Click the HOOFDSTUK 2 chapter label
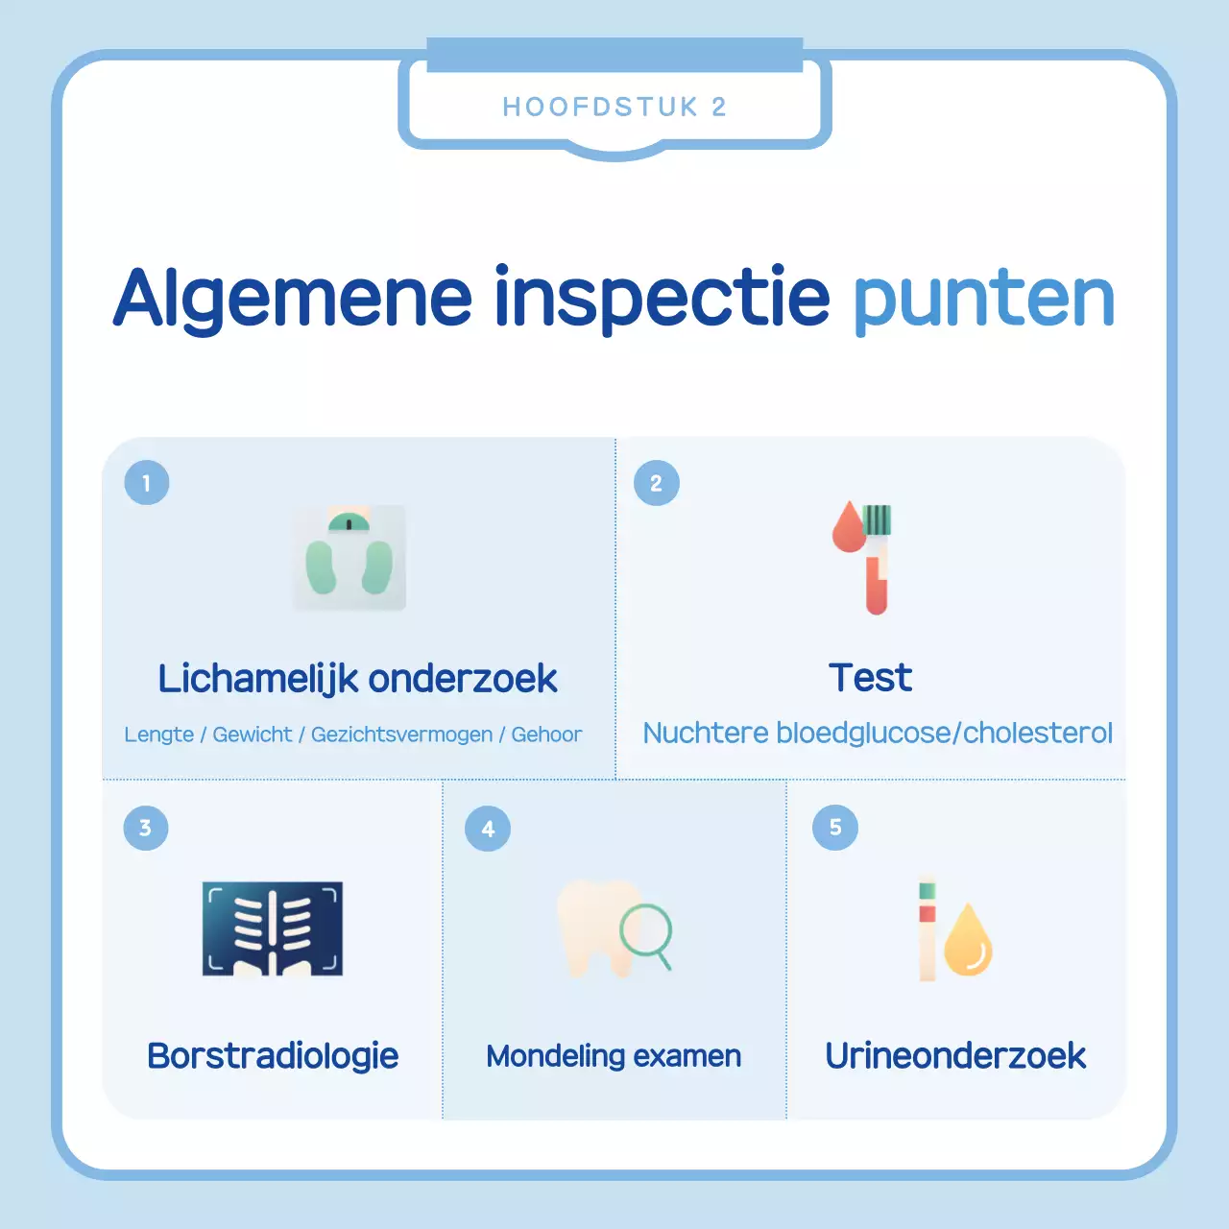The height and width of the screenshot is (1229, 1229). [x=614, y=107]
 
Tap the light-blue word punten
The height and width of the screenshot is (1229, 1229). [x=984, y=298]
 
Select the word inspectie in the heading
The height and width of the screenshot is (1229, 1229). [x=662, y=298]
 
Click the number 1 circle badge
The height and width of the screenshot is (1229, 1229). [x=147, y=483]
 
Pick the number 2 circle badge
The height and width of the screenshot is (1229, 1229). [x=657, y=483]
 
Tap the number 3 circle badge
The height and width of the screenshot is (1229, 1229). [x=146, y=828]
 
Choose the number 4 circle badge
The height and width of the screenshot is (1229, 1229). [x=488, y=829]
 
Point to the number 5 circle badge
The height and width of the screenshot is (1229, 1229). [x=835, y=828]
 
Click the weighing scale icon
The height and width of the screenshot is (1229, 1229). [x=349, y=558]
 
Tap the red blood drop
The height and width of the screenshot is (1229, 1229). [x=849, y=529]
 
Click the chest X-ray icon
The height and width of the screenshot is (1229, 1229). [x=273, y=928]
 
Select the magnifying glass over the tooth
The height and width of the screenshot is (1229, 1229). [x=646, y=931]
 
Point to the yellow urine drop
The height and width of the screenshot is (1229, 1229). [x=968, y=942]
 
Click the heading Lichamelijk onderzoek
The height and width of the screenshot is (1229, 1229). [x=357, y=679]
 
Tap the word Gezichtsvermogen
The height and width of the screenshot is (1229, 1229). [x=401, y=735]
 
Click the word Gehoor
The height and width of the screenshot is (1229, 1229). [x=546, y=735]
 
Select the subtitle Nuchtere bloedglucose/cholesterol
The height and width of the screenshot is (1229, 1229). [x=878, y=733]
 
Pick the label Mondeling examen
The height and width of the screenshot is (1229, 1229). [x=614, y=1056]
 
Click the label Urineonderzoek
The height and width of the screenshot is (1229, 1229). [x=955, y=1056]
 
